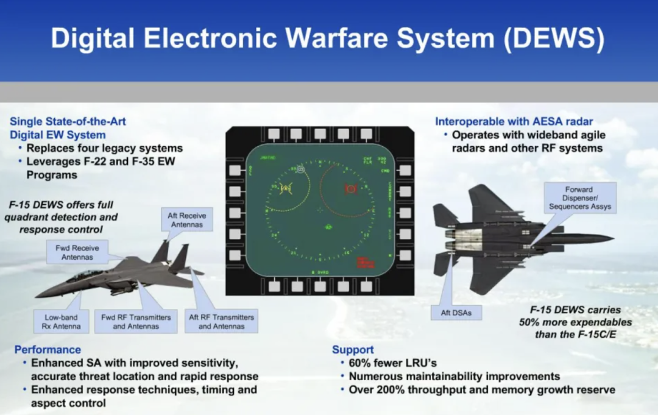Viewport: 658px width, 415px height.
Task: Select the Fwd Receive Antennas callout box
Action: point(77,252)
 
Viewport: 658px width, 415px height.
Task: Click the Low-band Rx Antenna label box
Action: point(61,322)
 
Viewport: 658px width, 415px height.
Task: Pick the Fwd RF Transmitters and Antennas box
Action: point(136,322)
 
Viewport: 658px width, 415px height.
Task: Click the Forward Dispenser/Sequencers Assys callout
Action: point(578,199)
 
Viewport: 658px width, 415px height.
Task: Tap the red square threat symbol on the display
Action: point(351,190)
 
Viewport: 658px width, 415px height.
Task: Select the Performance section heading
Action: point(48,350)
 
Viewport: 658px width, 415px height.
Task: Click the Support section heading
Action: point(353,350)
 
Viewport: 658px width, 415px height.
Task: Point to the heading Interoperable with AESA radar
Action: point(514,121)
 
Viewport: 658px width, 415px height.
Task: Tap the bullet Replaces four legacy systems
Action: point(104,148)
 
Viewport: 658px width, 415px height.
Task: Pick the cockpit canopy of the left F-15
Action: point(83,275)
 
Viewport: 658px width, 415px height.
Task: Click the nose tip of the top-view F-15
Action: point(612,238)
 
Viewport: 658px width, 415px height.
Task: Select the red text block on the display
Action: point(366,263)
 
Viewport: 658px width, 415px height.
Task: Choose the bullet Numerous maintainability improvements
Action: point(454,377)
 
